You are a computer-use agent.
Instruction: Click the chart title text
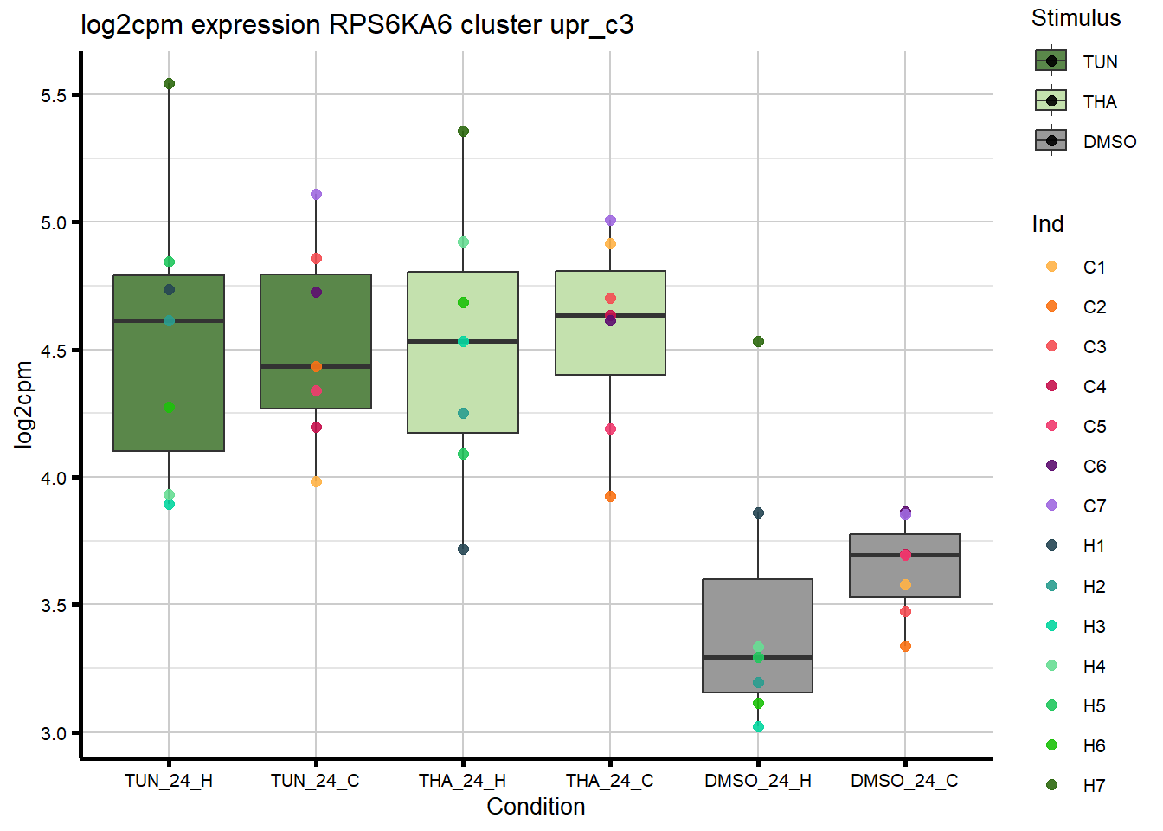click(357, 24)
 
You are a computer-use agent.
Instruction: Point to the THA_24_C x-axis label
click(609, 781)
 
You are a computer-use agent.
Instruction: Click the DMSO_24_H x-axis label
click(757, 781)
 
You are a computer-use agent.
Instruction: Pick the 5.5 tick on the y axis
click(54, 95)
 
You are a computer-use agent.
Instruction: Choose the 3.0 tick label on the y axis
click(54, 733)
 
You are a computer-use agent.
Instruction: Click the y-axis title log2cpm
click(23, 404)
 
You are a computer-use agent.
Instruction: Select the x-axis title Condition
click(536, 807)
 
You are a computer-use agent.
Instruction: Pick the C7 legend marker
click(1052, 506)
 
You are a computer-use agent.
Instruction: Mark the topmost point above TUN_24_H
click(169, 84)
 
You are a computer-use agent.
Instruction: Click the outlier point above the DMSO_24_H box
click(758, 342)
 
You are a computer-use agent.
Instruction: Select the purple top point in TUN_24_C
click(316, 195)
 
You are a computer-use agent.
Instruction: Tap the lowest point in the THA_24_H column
click(463, 550)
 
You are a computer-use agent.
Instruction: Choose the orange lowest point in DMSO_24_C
click(905, 647)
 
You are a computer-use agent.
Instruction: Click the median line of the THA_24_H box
click(463, 342)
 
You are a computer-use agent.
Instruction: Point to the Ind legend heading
click(1047, 224)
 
